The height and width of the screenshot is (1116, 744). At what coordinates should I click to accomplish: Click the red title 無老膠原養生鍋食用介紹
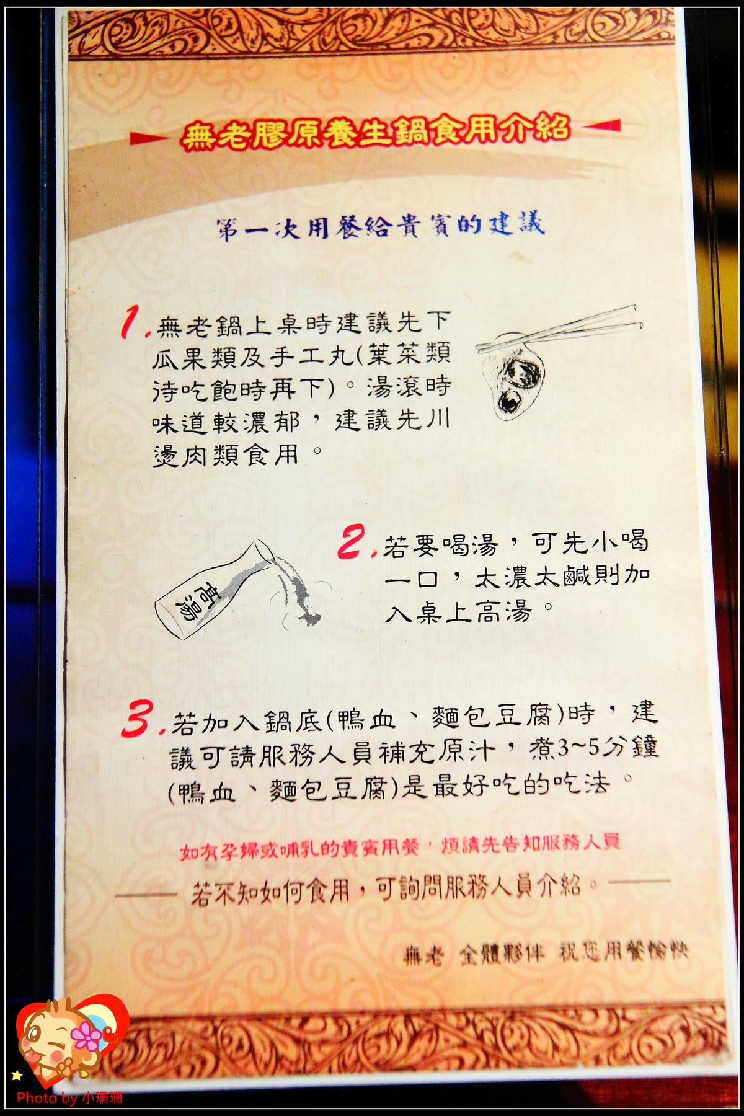click(x=375, y=132)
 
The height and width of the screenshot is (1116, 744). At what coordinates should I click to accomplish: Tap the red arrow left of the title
click(x=149, y=138)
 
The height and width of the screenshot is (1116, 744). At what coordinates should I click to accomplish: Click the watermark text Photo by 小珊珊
click(x=69, y=1097)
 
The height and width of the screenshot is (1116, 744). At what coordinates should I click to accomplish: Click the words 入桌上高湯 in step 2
click(x=459, y=613)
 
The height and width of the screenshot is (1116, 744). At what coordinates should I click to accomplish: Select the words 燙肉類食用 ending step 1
click(x=226, y=456)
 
